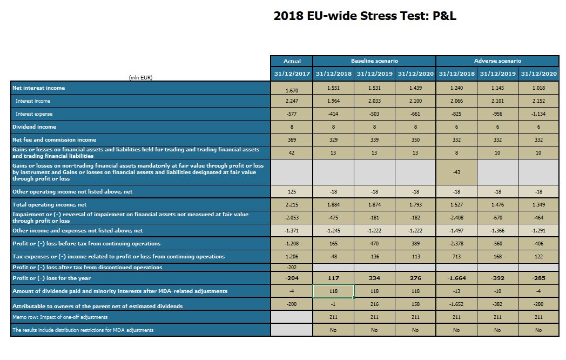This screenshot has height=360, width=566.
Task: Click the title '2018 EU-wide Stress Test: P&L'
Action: click(365, 16)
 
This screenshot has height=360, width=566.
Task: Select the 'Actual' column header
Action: click(292, 61)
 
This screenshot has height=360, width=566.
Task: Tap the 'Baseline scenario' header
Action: click(374, 61)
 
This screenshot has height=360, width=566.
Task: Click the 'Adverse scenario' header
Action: click(497, 61)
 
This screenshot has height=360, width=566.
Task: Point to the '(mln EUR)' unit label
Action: click(140, 77)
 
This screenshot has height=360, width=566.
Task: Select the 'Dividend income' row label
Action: click(34, 127)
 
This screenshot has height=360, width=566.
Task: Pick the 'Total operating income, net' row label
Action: click(49, 205)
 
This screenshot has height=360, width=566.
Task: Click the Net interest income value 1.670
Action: click(292, 90)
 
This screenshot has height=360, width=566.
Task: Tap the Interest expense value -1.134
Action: click(538, 114)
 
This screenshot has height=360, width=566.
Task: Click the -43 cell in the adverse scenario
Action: click(456, 172)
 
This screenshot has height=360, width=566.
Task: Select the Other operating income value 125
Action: click(292, 192)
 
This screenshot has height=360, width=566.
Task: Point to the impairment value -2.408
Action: click(456, 218)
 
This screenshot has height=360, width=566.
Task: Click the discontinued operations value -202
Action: click(292, 267)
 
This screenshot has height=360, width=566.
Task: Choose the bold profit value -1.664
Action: click(456, 278)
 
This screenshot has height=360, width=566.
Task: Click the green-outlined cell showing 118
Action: click(333, 291)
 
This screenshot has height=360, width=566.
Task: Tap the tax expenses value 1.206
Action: click(292, 256)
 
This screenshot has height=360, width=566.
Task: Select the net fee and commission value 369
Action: click(292, 140)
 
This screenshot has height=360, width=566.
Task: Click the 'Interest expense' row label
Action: click(34, 114)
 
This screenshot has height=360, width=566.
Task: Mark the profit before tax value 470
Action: click(374, 244)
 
